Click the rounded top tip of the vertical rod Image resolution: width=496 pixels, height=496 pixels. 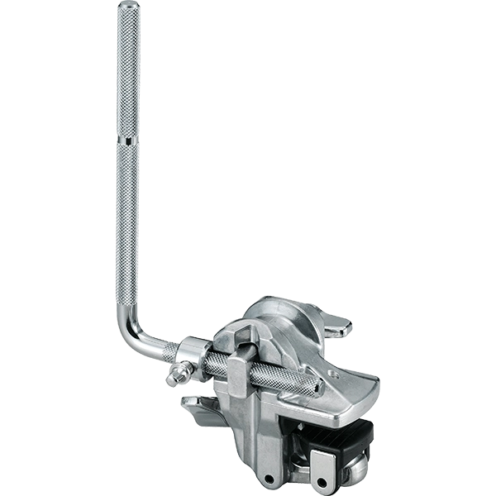coord(127,7)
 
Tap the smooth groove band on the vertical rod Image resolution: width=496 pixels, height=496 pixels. coord(127,143)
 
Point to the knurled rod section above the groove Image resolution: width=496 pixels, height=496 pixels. coord(127,74)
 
